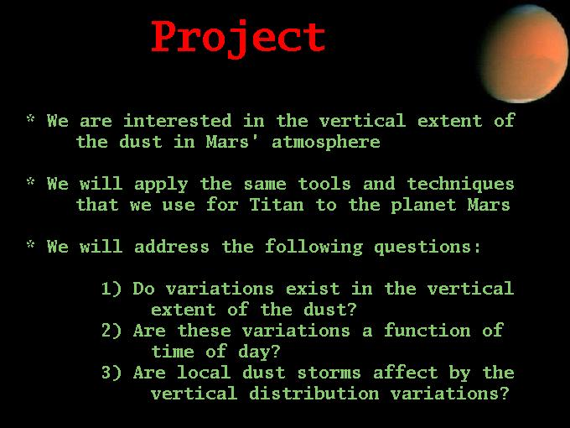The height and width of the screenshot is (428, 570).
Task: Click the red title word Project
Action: (x=238, y=39)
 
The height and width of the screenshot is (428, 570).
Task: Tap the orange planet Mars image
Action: (x=525, y=54)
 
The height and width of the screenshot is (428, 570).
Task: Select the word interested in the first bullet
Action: (x=177, y=121)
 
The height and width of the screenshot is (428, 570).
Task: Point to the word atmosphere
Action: (x=326, y=143)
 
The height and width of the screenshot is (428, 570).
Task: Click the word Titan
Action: (x=277, y=205)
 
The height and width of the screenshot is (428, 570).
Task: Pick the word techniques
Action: (x=460, y=185)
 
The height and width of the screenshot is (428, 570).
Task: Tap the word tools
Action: (x=324, y=184)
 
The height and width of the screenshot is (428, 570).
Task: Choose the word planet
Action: (x=423, y=206)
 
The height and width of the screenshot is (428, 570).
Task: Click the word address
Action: (x=172, y=247)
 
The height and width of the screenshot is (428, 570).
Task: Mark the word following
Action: (x=313, y=248)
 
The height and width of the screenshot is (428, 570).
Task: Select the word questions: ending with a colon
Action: (x=427, y=248)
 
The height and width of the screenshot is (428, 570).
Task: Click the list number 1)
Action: (x=111, y=289)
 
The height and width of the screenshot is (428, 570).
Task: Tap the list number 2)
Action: (x=111, y=331)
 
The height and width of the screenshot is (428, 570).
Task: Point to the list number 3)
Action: (x=111, y=373)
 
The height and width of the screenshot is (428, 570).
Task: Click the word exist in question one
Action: (x=313, y=289)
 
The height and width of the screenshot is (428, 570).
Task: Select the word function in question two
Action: (x=427, y=331)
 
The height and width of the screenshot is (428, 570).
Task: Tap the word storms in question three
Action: (x=329, y=373)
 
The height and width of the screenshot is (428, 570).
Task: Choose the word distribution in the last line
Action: (x=314, y=394)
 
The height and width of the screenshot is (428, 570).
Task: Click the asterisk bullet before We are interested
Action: (x=31, y=118)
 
